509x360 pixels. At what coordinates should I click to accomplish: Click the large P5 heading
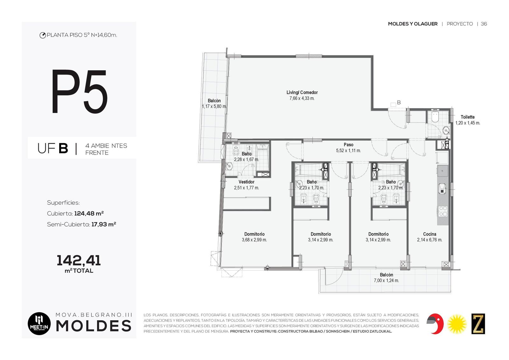click(80, 92)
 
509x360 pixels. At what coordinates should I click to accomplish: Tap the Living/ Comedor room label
click(302, 92)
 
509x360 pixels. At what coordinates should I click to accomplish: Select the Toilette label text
click(468, 117)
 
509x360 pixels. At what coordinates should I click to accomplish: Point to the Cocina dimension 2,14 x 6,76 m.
click(429, 240)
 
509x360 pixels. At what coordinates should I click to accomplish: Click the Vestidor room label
click(246, 182)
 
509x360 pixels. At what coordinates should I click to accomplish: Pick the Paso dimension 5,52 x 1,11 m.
click(348, 150)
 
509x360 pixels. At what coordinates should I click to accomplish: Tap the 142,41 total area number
click(79, 260)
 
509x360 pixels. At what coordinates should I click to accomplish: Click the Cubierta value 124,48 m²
click(89, 214)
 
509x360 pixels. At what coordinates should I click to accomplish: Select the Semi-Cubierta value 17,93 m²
click(104, 224)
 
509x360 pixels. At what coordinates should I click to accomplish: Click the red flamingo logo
click(435, 324)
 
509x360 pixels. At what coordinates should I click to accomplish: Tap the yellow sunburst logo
click(457, 324)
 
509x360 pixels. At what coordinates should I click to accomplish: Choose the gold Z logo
click(478, 324)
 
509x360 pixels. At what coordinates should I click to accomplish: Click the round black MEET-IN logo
click(39, 324)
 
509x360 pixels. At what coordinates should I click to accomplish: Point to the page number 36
click(484, 24)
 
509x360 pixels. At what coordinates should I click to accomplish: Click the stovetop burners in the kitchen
click(443, 211)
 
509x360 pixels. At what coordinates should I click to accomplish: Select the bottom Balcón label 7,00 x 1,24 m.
click(386, 278)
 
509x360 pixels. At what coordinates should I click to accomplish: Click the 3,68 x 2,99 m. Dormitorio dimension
click(254, 240)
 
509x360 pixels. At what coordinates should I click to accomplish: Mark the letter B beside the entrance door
click(399, 102)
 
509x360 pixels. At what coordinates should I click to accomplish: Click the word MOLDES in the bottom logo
click(94, 326)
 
